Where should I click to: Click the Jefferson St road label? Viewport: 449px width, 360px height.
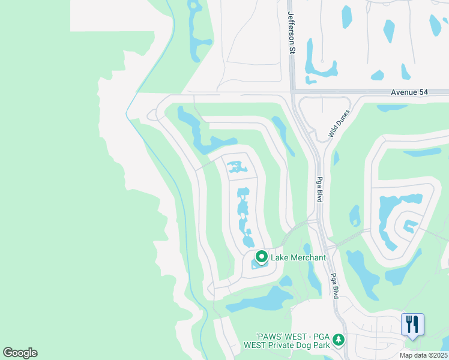click(291, 32)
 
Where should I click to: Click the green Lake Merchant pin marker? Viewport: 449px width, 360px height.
click(262, 257)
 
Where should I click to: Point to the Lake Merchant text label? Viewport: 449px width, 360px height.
click(298, 257)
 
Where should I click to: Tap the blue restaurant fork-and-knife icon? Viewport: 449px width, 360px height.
click(412, 324)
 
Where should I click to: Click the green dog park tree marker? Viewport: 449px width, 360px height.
click(339, 340)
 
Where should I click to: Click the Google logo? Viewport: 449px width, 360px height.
click(20, 353)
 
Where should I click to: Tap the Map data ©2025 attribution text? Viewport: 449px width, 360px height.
click(423, 355)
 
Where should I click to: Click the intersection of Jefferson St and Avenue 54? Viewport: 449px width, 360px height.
click(292, 92)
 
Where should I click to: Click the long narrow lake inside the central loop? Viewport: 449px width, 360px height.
click(243, 216)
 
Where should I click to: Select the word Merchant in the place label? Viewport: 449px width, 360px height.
click(308, 257)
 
